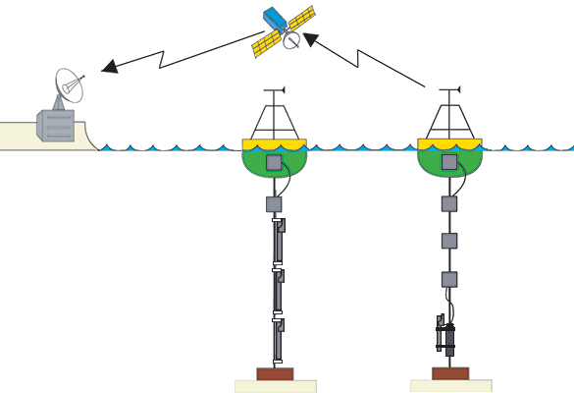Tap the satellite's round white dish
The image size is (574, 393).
coord(291,40)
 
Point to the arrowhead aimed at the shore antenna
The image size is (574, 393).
coord(111,67)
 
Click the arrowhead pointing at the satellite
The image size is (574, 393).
coord(313,39)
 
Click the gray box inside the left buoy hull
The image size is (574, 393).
coord(275,161)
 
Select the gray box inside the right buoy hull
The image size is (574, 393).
coord(449,161)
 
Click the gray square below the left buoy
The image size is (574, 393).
coord(275,205)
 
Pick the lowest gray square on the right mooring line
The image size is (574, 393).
coord(449,279)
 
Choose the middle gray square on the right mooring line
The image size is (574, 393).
coord(449,241)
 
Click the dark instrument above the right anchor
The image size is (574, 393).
coord(447,337)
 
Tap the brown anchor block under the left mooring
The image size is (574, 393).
coord(275,373)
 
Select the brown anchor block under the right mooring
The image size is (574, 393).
coord(450,373)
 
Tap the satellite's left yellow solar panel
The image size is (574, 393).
coord(267,43)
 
